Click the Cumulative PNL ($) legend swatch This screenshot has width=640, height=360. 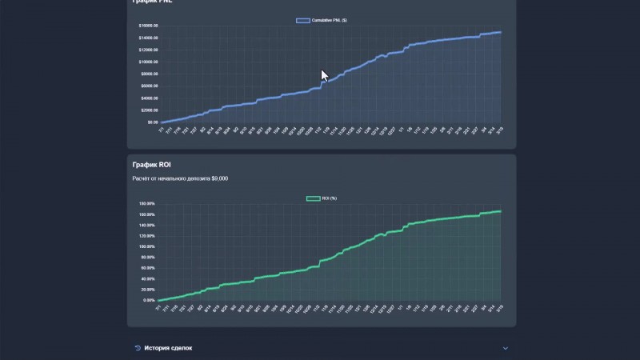303,20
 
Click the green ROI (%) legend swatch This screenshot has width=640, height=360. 313,198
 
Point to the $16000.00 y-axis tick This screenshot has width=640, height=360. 148,26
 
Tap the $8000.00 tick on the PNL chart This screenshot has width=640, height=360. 149,74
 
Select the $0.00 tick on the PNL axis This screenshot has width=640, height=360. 152,122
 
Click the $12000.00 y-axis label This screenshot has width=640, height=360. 148,50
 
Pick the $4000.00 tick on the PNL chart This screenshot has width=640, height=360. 149,98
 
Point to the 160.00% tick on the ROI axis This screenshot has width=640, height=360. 146,214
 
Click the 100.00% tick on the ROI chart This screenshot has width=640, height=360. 146,246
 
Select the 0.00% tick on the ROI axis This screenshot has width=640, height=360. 148,300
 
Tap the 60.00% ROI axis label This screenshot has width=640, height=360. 146,268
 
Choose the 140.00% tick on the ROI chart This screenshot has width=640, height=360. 146,225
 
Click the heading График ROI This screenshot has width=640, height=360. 152,165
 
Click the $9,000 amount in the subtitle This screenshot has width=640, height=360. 220,178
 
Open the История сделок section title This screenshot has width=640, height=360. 168,348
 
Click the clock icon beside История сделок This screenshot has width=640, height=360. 138,348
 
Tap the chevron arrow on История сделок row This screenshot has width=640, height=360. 505,348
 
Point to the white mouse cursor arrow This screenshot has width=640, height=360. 324,75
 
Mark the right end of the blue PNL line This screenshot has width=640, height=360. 501,32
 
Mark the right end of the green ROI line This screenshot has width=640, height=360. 501,211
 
